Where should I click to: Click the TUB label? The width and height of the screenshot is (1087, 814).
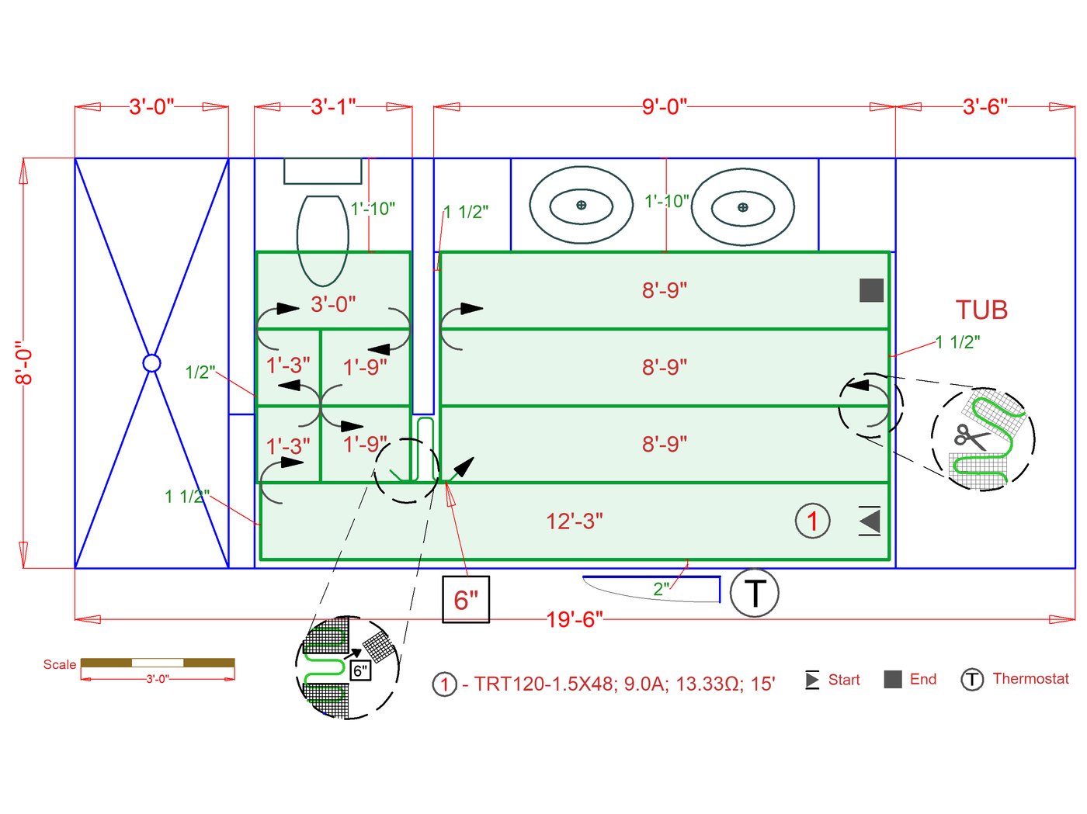coord(981,310)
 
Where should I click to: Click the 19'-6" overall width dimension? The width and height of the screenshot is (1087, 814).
coord(575,619)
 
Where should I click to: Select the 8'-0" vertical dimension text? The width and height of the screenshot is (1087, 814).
coord(25,363)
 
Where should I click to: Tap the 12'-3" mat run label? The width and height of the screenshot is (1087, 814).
coord(575,521)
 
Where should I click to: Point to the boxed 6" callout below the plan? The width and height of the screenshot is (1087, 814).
coord(466,600)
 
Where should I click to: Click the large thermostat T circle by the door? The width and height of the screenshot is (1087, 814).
coord(755,593)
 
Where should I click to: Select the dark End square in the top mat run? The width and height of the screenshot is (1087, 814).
coord(871,290)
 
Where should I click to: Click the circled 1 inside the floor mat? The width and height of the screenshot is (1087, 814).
coord(812,521)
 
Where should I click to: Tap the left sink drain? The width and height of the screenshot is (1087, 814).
coord(581,206)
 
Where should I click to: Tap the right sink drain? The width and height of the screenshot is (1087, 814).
coord(742,207)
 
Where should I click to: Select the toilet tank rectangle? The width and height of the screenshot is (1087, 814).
coord(322,171)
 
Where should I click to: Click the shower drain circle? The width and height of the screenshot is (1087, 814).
coord(151,363)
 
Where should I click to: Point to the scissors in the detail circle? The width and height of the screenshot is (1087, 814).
coord(971,437)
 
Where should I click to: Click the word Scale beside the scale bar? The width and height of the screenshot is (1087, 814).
coord(60,664)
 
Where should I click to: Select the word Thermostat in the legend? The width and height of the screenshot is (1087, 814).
coord(1030,679)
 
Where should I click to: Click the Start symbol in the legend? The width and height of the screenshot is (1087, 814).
coord(812,680)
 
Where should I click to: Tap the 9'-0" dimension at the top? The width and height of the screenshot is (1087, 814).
coord(665,106)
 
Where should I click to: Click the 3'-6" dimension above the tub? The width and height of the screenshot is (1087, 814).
coord(985,106)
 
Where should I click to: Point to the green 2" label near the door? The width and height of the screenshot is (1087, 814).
coord(662,589)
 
